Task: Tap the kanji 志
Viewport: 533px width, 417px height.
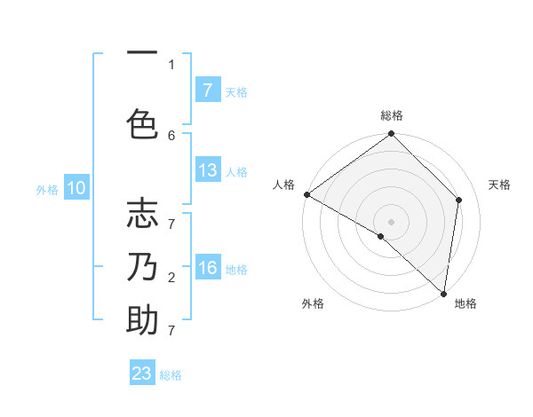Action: click(x=142, y=215)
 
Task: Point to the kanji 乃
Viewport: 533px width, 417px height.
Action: click(x=142, y=267)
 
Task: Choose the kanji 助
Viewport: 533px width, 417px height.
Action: click(x=142, y=320)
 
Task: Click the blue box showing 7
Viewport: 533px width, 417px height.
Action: click(x=208, y=90)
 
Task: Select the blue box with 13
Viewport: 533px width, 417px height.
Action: click(x=208, y=170)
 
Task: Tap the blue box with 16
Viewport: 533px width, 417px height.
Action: click(x=208, y=269)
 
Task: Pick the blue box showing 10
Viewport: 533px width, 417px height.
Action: click(x=76, y=188)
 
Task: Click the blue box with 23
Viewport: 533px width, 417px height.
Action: click(x=142, y=374)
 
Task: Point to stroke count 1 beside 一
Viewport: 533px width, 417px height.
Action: click(x=171, y=64)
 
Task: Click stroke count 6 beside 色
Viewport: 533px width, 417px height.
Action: click(x=171, y=135)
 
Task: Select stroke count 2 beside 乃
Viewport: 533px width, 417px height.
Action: click(x=171, y=278)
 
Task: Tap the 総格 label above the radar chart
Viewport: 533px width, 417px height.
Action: click(x=391, y=115)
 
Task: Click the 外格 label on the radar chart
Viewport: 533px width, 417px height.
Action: click(x=313, y=303)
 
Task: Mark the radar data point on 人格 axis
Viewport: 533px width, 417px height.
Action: click(x=306, y=194)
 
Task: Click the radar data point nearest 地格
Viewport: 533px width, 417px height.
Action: click(x=443, y=294)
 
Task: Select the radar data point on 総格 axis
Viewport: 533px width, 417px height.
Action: click(x=391, y=134)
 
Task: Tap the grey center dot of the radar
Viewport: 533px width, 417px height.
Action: click(x=391, y=221)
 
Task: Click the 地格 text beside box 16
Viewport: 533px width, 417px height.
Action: click(x=237, y=270)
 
